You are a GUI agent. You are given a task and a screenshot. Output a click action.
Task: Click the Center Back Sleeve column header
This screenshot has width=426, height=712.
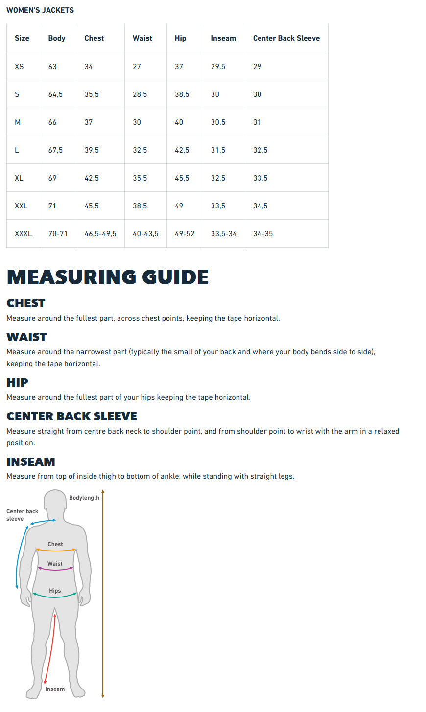tap(286, 38)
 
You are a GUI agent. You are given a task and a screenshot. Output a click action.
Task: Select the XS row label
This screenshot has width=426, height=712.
tap(19, 67)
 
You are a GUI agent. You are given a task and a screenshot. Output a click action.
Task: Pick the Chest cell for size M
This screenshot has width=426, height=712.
tap(89, 122)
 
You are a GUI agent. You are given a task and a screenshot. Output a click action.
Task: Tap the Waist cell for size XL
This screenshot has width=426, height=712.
tap(140, 178)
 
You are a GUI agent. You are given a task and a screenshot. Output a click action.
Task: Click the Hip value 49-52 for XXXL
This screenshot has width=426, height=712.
tap(185, 234)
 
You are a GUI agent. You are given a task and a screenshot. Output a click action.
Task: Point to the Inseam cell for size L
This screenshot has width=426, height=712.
tap(218, 150)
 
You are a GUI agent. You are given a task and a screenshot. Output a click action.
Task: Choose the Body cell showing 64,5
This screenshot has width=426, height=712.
tap(55, 94)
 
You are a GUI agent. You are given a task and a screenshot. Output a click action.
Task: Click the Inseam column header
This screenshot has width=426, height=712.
tap(223, 38)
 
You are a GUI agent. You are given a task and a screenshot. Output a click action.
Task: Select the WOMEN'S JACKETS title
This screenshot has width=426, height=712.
tap(40, 10)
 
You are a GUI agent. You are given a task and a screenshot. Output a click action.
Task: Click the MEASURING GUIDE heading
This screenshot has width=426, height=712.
tap(108, 277)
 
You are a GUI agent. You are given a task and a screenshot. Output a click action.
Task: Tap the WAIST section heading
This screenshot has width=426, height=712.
tap(26, 337)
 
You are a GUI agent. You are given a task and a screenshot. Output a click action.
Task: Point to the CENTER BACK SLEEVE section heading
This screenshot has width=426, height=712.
tap(71, 416)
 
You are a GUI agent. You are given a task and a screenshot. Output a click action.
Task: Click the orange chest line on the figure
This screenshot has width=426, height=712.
tap(55, 551)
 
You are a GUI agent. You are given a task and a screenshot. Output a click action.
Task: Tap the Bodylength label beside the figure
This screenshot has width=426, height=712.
tap(84, 498)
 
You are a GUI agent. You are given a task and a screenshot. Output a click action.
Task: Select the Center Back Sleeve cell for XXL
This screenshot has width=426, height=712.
tap(260, 206)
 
